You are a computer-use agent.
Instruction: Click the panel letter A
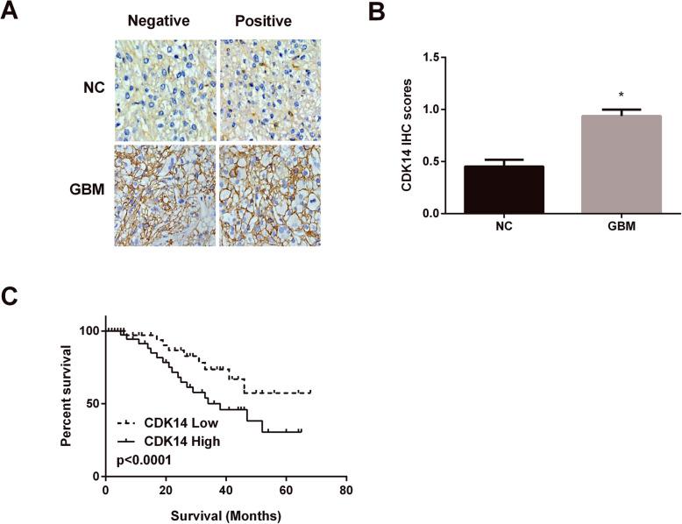11,12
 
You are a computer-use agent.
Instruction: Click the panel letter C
11,295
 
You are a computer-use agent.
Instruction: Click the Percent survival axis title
67,401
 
